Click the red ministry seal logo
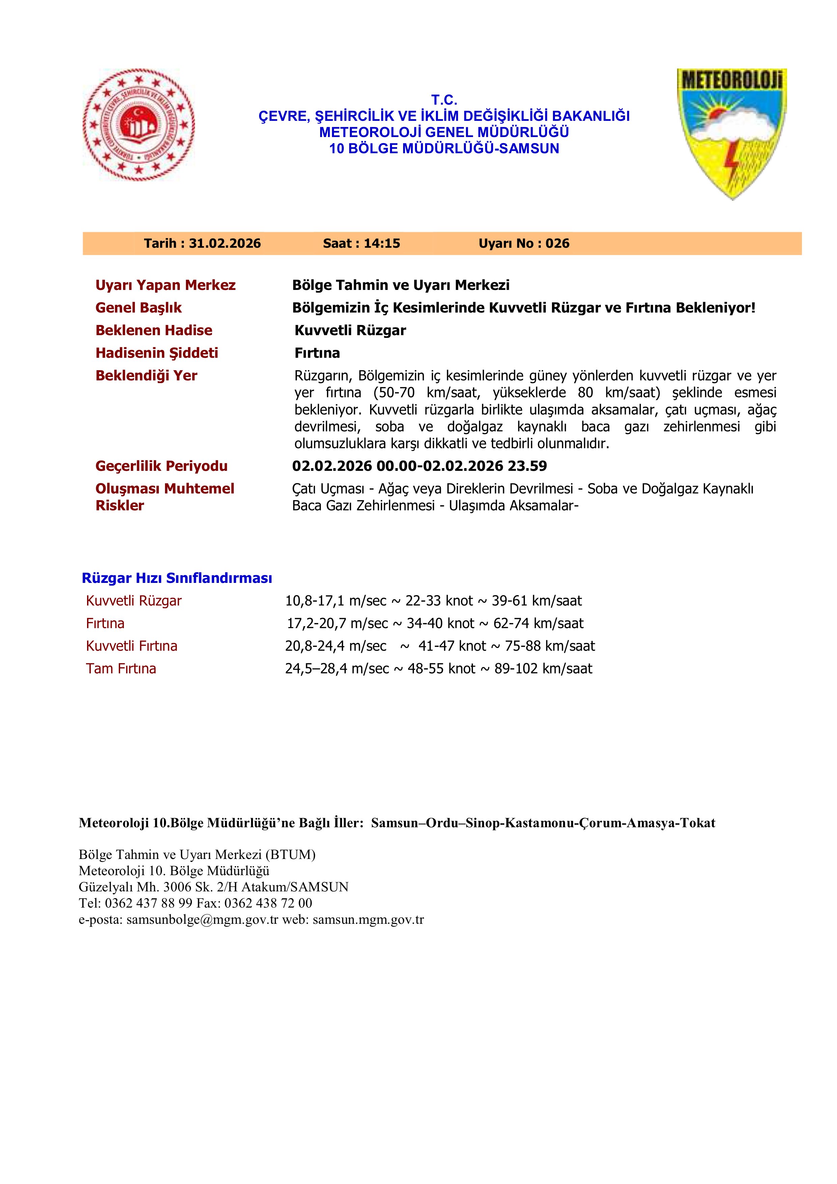139,126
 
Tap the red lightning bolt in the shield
731,164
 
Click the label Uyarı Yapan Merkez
165,285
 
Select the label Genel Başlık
139,308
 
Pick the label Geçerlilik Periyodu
161,466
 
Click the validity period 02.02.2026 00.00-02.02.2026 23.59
420,466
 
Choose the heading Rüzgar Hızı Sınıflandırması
177,578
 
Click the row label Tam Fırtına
121,669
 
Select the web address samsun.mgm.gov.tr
368,919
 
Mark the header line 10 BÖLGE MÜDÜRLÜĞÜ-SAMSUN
444,149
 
